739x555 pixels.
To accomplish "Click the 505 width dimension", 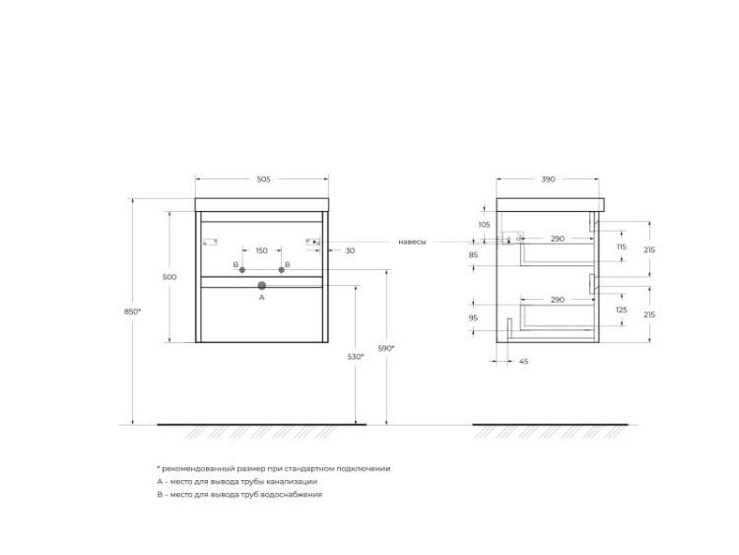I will coord(263,179).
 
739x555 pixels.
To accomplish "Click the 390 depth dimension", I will coord(548,179).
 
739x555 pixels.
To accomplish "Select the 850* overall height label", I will coord(132,312).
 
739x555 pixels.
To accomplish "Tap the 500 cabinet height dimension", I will coord(169,277).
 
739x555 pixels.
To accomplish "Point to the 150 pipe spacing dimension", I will coord(261,251).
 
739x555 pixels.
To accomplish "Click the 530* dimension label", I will coord(356,356).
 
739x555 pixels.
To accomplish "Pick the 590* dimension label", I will coord(385,348).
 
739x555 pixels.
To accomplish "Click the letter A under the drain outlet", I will coord(261,297).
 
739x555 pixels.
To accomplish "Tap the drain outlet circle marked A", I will coord(261,286).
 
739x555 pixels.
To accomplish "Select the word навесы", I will coord(413,242).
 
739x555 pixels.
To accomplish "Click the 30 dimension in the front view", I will coord(350,251).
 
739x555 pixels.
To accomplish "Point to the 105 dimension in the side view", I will coord(484,225).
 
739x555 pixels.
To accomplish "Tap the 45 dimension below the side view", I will coord(523,362).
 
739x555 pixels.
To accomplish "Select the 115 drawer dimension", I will coord(622,246).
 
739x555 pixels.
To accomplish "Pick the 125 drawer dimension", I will coord(622,312).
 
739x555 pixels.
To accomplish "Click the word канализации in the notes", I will coord(291,481).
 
